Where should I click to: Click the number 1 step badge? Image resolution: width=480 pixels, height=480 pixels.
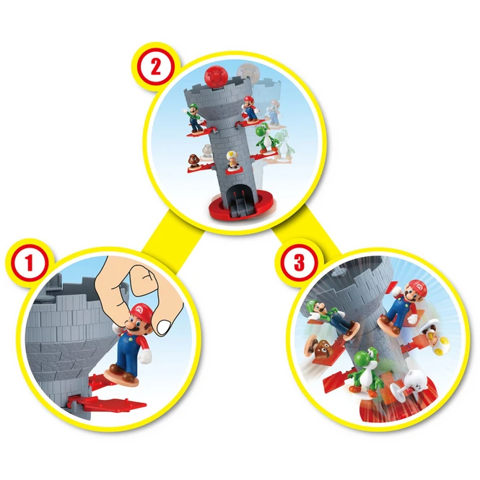(29, 263)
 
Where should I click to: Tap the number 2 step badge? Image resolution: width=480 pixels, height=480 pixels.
(156, 67)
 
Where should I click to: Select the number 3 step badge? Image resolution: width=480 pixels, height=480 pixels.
(298, 263)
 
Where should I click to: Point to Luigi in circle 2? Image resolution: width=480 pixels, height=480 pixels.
(193, 118)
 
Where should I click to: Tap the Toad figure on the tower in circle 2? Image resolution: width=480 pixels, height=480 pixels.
(232, 160)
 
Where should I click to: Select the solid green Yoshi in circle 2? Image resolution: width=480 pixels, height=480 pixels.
(263, 139)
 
